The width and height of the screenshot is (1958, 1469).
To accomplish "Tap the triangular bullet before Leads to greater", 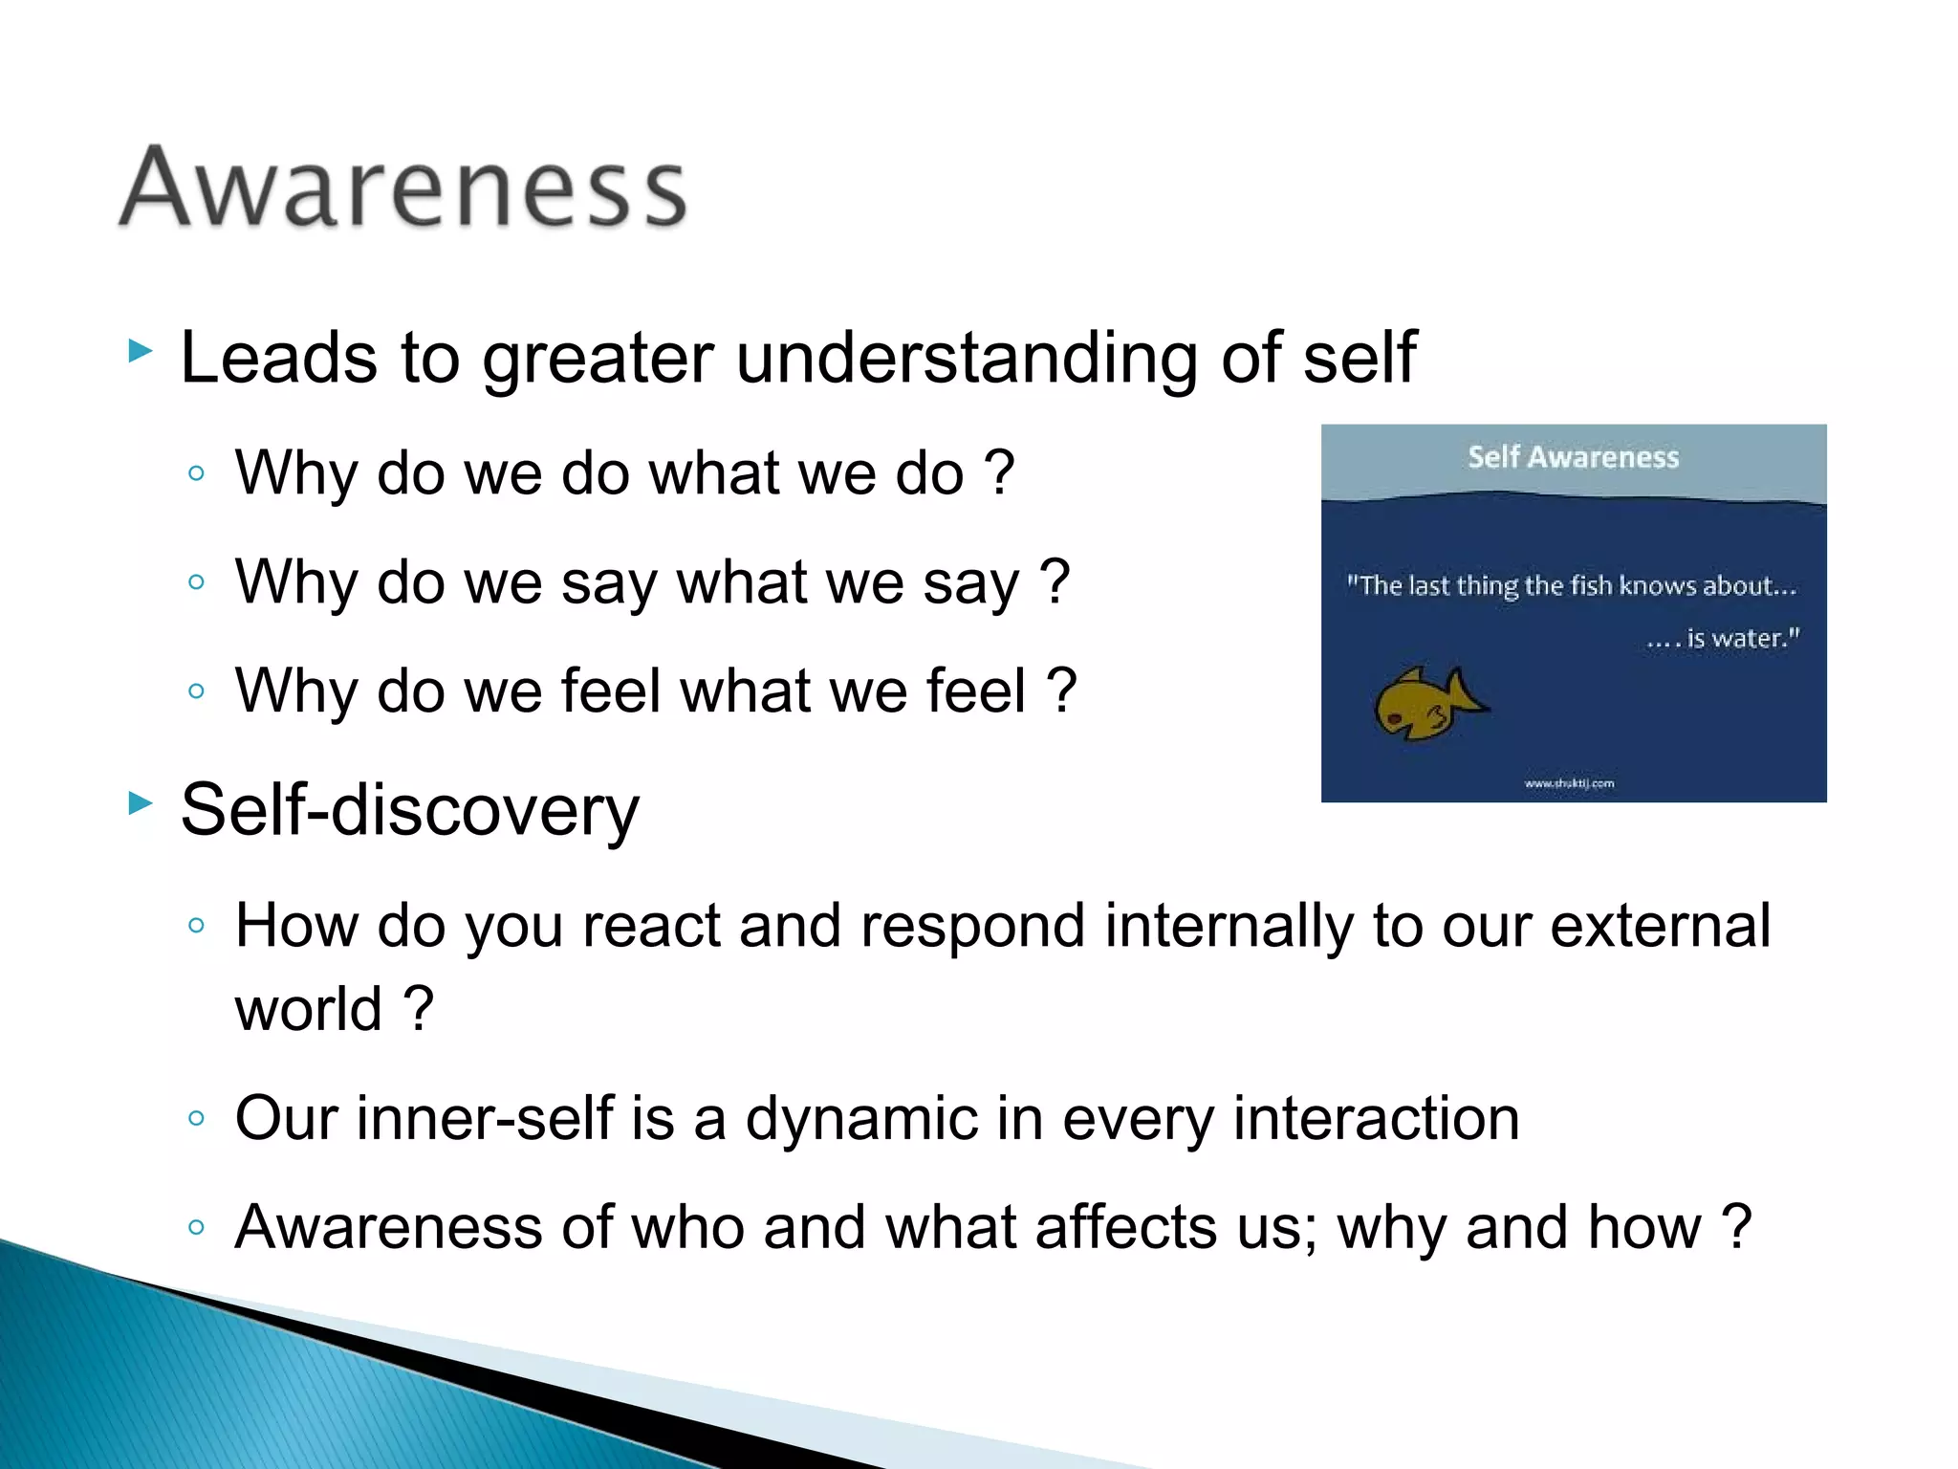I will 141,351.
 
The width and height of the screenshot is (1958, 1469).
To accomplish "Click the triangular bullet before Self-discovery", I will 141,803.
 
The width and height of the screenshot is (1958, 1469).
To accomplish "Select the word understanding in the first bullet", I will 966,359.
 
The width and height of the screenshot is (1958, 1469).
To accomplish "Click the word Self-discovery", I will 409,810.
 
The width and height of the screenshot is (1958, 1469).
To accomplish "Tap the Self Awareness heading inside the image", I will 1573,457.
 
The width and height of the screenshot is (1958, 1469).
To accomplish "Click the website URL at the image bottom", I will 1569,783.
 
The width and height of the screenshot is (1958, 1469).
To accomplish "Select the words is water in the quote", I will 1742,638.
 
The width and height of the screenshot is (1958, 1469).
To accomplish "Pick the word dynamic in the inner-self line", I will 861,1119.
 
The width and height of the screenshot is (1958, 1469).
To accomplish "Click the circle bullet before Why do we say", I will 197,582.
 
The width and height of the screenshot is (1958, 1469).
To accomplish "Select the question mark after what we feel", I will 1061,691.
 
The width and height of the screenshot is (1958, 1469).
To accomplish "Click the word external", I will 1660,926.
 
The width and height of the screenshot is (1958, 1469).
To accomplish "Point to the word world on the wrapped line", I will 309,1010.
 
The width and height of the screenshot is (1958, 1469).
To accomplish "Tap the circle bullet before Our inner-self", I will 197,1119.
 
